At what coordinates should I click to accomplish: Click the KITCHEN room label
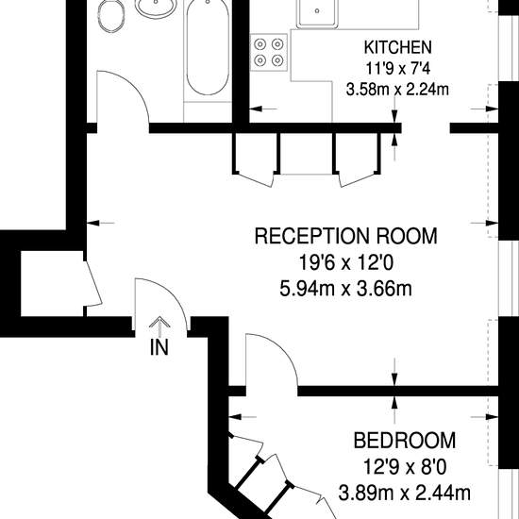[398, 47]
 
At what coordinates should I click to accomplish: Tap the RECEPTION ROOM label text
[346, 236]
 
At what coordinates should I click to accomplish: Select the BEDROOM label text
[405, 441]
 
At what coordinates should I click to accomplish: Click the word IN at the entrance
[159, 347]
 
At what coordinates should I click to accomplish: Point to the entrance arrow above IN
[159, 326]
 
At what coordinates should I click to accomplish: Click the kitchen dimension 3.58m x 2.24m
[397, 90]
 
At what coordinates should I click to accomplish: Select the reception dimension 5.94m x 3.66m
[346, 289]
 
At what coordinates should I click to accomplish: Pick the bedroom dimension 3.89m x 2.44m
[404, 493]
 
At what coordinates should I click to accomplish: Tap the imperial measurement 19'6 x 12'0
[346, 262]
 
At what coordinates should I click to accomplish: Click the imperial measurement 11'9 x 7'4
[398, 69]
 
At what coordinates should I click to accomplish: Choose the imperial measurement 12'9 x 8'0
[405, 467]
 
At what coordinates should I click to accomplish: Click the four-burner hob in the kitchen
[269, 52]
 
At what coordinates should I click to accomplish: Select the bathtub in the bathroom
[208, 47]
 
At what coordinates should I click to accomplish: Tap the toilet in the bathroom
[111, 16]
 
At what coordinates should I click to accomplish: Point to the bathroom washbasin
[156, 8]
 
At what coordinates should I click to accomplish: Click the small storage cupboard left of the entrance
[52, 283]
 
